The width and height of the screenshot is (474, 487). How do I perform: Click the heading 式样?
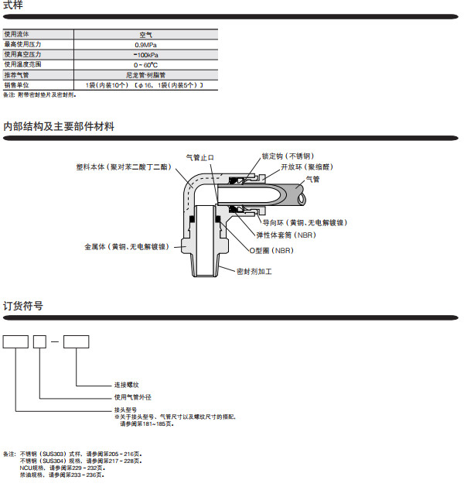(13, 6)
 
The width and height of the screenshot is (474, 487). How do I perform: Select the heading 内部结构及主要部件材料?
(59, 126)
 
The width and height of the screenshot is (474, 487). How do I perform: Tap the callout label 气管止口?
(200, 157)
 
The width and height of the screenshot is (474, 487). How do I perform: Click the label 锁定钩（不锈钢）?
(288, 156)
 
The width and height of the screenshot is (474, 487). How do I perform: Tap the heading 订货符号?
(23, 306)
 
